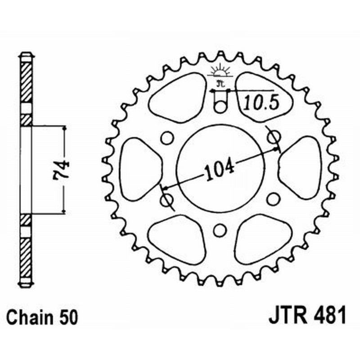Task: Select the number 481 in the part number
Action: tap(330, 315)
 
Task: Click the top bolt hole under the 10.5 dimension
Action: tap(219, 107)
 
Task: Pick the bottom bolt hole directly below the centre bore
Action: tap(219, 230)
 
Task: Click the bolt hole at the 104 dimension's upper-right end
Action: tap(273, 137)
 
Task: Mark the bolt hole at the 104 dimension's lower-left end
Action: tap(166, 199)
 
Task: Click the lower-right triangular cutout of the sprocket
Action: tap(261, 243)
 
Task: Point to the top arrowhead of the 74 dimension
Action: tap(65, 129)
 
